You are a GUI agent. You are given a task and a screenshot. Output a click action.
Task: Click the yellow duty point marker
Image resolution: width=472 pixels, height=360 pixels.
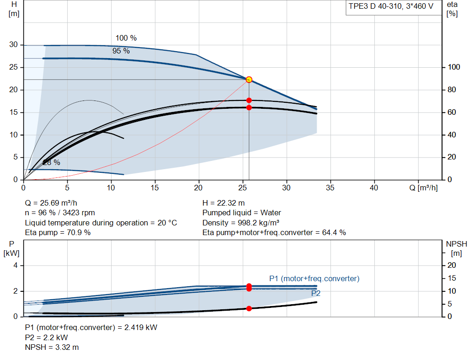(249, 80)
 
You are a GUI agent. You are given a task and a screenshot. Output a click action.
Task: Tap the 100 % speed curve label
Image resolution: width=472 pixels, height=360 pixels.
(126, 38)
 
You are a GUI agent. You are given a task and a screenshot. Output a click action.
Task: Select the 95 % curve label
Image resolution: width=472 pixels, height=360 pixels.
(121, 51)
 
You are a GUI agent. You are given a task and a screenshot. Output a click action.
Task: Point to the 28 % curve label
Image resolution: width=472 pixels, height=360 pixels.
(52, 163)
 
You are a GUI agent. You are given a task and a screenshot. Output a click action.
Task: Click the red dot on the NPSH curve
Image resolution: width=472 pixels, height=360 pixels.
(249, 308)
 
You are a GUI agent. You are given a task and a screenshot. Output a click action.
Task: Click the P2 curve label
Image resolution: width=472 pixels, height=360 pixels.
(316, 293)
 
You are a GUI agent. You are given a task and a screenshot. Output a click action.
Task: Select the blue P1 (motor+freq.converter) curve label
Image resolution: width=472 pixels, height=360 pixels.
(314, 279)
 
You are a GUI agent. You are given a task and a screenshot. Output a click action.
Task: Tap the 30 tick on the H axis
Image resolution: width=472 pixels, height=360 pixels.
(13, 45)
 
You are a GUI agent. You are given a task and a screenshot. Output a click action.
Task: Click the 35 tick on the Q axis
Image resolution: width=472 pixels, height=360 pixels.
(330, 188)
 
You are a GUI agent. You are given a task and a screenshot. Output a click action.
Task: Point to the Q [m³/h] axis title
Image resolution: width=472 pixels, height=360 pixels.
(424, 188)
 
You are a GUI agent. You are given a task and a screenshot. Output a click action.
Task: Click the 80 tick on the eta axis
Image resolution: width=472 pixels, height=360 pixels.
(452, 90)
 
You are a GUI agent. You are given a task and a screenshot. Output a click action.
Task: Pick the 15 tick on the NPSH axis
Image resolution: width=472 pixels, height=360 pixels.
(452, 278)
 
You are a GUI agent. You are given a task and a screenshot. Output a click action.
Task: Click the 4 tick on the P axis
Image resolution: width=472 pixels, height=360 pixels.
(15, 266)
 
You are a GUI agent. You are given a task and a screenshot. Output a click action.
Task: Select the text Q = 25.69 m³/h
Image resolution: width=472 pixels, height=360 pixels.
(51, 203)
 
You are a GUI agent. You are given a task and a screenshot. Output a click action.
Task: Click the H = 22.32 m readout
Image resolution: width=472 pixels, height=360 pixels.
(224, 203)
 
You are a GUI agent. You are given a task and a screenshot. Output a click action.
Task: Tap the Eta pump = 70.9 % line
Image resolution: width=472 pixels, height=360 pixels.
(58, 233)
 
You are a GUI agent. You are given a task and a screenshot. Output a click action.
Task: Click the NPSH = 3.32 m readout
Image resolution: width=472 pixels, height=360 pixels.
(52, 348)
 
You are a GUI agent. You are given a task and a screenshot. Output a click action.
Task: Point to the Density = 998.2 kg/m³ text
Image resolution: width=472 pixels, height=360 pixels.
(241, 223)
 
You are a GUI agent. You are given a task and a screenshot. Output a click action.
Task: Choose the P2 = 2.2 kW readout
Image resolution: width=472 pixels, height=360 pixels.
(47, 337)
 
